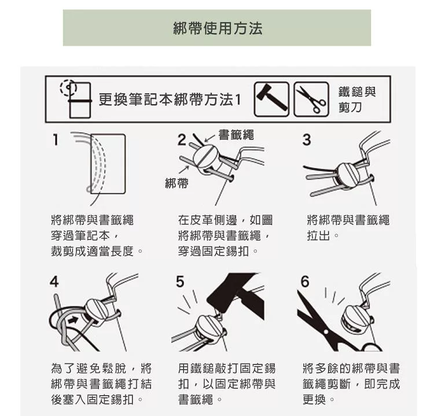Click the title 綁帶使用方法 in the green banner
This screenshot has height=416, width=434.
(x=218, y=28)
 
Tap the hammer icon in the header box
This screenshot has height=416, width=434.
(x=271, y=100)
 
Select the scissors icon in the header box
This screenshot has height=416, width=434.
(x=311, y=100)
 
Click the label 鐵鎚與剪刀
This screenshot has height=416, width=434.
(x=357, y=100)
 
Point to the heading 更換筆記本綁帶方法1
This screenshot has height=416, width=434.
(x=170, y=100)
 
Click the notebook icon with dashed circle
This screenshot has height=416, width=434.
(x=76, y=99)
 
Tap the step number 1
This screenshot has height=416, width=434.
(x=56, y=140)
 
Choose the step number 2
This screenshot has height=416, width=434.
(x=182, y=140)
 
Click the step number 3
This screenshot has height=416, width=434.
(x=307, y=140)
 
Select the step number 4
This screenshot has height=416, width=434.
(x=54, y=282)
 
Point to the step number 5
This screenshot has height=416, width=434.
(x=180, y=282)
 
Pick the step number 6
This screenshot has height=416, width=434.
(x=305, y=282)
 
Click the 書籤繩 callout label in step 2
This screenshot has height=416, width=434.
(x=236, y=135)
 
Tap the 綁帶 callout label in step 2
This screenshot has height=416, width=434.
(x=176, y=183)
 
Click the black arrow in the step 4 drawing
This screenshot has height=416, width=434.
(x=73, y=320)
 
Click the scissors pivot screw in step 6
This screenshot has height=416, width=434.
(x=326, y=332)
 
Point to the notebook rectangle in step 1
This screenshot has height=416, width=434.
(x=108, y=164)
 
